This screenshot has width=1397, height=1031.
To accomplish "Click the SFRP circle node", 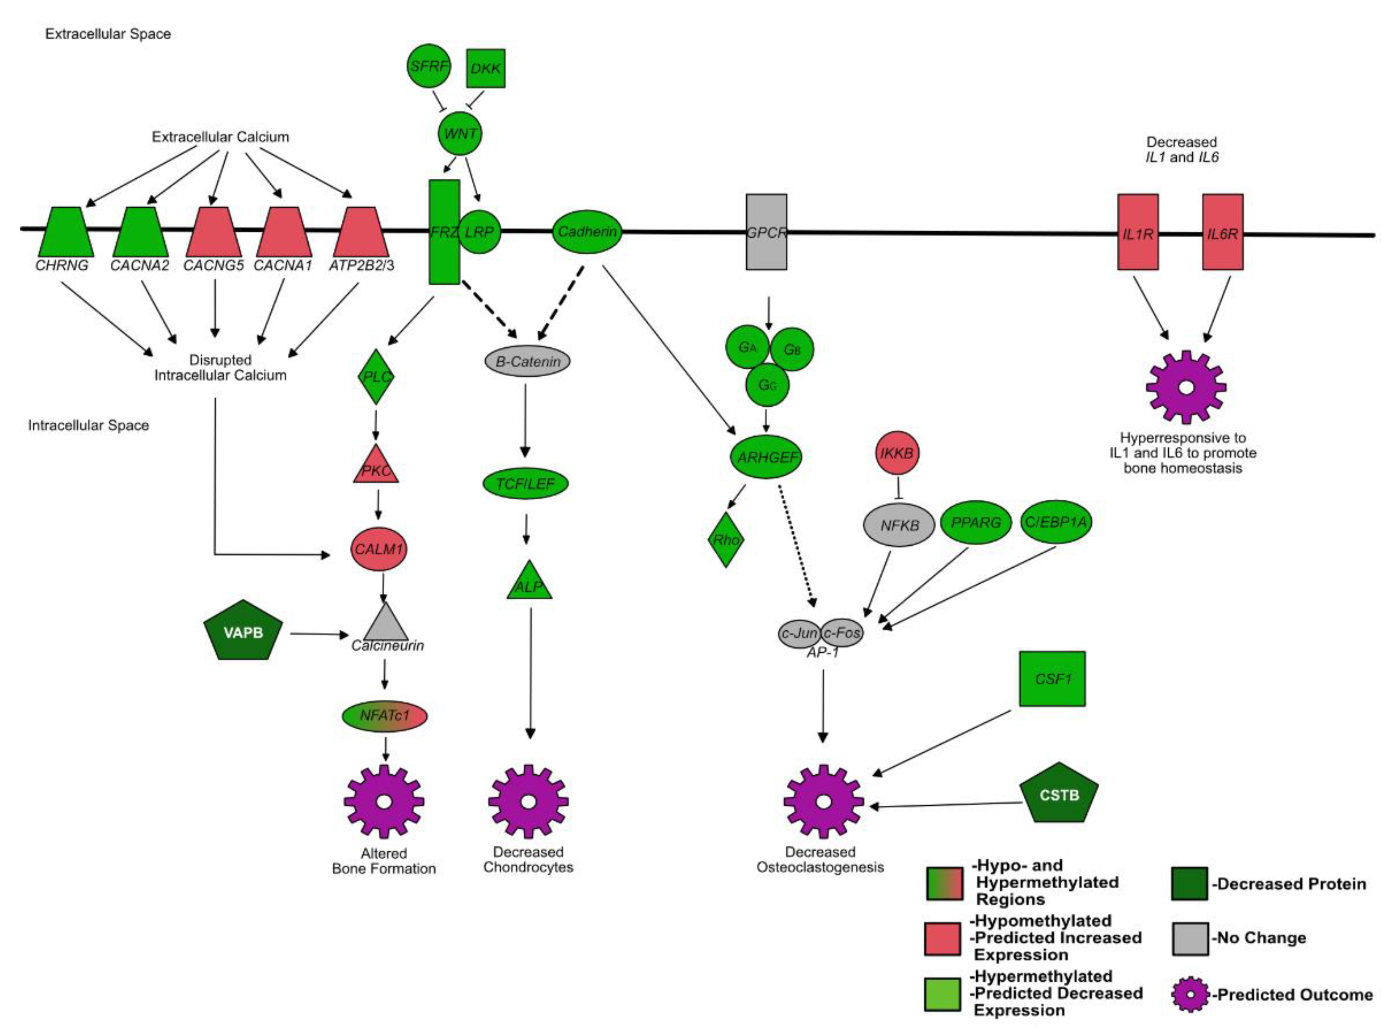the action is click(428, 66).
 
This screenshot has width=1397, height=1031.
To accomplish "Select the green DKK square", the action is click(486, 68).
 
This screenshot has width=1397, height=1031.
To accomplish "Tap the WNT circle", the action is click(460, 134).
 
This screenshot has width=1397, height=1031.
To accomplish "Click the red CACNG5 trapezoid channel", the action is click(214, 232).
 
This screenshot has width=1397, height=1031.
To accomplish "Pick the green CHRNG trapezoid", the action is click(66, 232).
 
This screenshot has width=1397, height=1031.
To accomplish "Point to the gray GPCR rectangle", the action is click(767, 232).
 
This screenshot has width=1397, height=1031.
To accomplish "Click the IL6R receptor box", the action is click(1222, 232).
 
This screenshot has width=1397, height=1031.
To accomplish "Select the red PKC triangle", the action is click(376, 464).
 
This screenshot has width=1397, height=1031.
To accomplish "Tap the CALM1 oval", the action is click(379, 549).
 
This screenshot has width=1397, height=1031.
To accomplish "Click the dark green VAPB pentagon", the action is click(244, 631).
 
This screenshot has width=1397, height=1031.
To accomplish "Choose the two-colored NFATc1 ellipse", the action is click(384, 715).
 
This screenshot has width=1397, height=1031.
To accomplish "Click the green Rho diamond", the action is click(726, 540).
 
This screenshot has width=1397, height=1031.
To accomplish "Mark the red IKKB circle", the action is click(897, 453).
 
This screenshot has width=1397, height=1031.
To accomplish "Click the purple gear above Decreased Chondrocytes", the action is click(528, 801).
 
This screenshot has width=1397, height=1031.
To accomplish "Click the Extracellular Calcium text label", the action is click(220, 137).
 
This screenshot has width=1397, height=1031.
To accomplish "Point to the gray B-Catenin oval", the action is click(527, 361).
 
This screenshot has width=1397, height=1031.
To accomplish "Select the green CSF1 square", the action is click(1052, 679).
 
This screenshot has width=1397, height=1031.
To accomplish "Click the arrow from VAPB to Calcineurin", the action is click(319, 634).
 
